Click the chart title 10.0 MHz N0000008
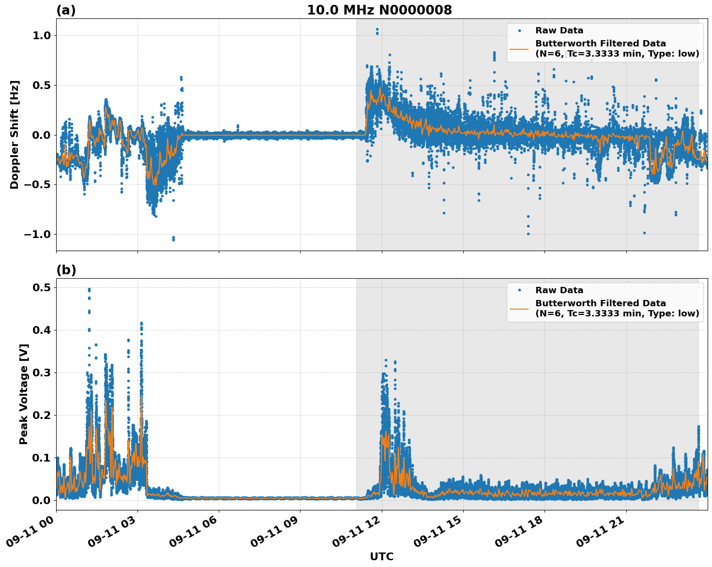tap(379, 10)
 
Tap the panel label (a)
tap(66, 10)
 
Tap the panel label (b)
tap(66, 270)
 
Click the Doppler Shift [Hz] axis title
tap(15, 134)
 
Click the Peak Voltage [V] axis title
tap(24, 394)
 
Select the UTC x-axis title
tap(381, 556)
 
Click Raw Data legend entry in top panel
tap(559, 30)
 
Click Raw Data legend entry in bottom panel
tap(559, 290)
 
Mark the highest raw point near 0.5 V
tap(89, 289)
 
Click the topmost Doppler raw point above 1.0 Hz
tap(377, 30)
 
